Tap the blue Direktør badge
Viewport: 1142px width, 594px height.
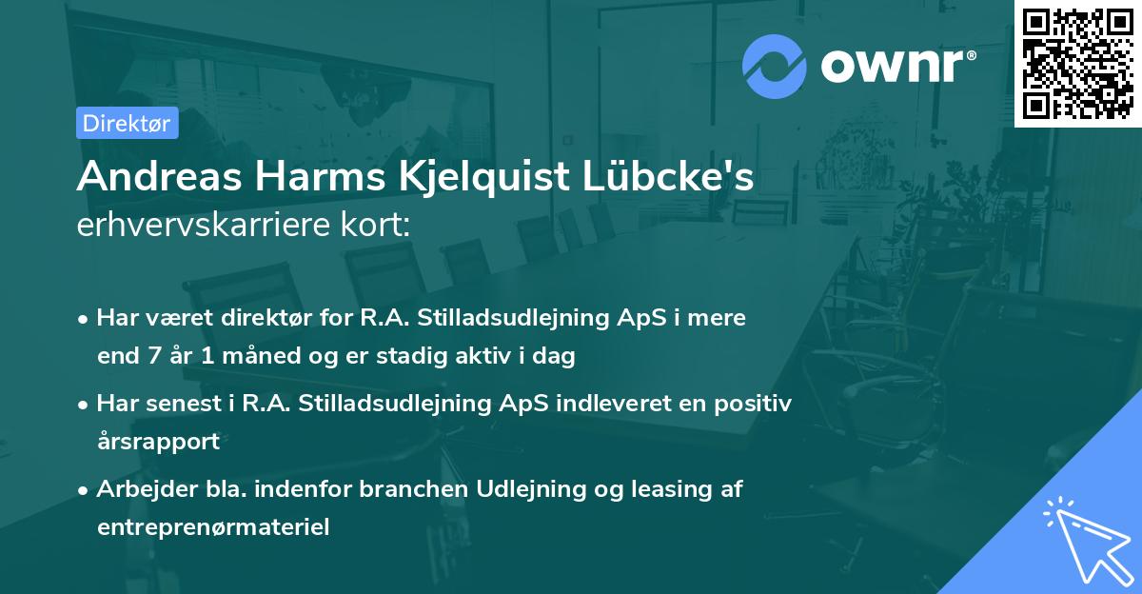click(127, 123)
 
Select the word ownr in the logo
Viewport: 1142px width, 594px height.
click(897, 66)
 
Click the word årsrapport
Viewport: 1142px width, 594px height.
click(158, 442)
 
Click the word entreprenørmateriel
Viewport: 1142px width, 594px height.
click(213, 527)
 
